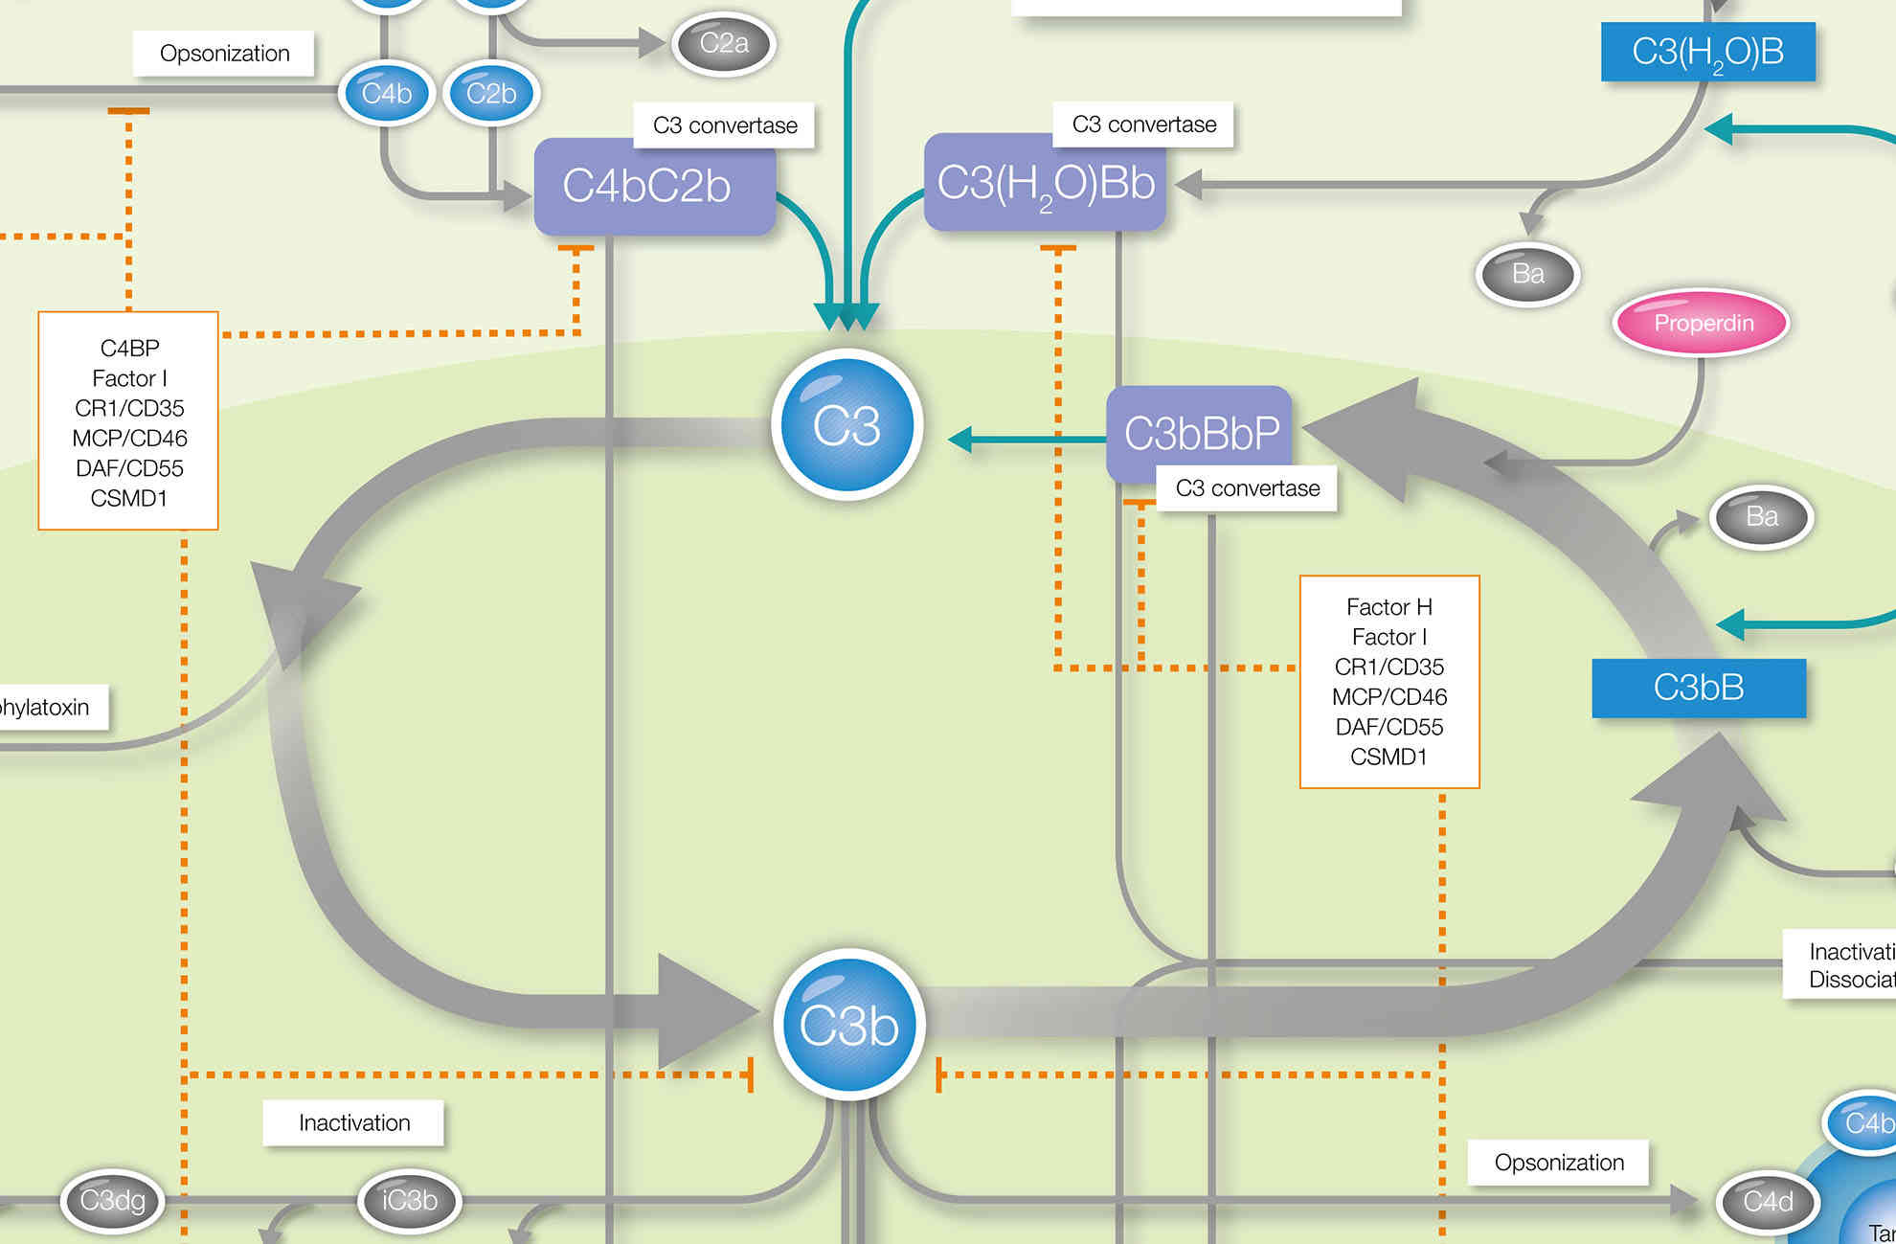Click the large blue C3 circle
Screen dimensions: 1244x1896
(x=847, y=425)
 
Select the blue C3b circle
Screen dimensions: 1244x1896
(x=849, y=1025)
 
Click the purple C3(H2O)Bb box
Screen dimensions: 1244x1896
(x=1045, y=183)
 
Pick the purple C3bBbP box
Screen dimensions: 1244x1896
(x=1200, y=433)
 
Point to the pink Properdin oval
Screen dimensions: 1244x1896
(x=1703, y=323)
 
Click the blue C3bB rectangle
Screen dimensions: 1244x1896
(x=1699, y=688)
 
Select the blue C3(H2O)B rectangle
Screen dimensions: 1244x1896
(x=1707, y=52)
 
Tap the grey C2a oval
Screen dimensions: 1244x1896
(x=723, y=43)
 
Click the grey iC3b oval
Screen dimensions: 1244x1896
(x=410, y=1200)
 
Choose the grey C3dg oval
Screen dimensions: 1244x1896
(x=112, y=1200)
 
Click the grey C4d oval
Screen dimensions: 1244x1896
(x=1768, y=1201)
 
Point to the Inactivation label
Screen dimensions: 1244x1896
(x=353, y=1122)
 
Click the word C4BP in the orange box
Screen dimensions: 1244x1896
(x=129, y=348)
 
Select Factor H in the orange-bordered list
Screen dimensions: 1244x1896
(x=1388, y=607)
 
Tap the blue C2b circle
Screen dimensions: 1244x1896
(x=491, y=93)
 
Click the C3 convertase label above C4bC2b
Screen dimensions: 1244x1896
(x=725, y=125)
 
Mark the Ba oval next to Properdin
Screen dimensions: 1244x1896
(x=1527, y=274)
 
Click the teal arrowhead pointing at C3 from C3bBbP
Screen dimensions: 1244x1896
(x=959, y=440)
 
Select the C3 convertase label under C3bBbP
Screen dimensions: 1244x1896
(x=1247, y=488)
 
